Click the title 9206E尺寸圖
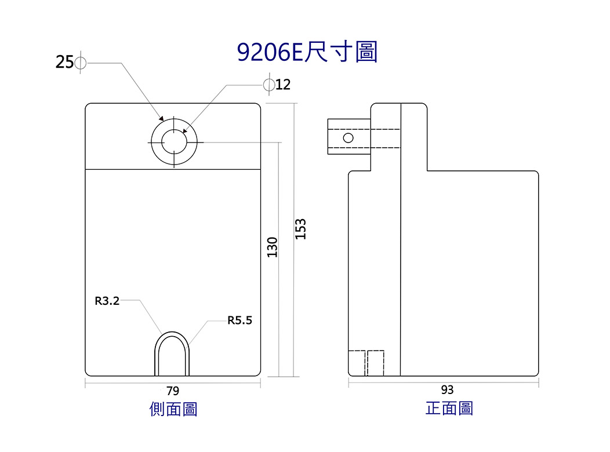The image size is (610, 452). [x=307, y=52]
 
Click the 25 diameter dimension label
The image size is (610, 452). [x=64, y=62]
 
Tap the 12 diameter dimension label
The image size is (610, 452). [x=283, y=85]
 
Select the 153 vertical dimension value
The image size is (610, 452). [x=301, y=229]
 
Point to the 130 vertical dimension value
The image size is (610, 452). [x=273, y=247]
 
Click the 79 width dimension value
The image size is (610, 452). [x=172, y=391]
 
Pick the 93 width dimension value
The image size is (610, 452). [x=447, y=390]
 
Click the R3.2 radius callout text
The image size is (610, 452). [x=107, y=301]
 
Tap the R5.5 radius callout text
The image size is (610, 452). [x=239, y=320]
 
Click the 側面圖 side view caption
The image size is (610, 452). [x=173, y=409]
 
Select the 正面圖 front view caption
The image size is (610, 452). [x=449, y=409]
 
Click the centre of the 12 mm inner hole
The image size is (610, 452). [x=174, y=142]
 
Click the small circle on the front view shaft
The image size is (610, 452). [x=348, y=137]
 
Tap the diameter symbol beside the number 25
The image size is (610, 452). [x=80, y=62]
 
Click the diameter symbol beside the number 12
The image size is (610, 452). [x=269, y=85]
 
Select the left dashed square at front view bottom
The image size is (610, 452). [x=357, y=363]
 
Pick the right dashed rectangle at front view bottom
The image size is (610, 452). [x=375, y=363]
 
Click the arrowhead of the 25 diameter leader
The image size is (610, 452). [x=161, y=118]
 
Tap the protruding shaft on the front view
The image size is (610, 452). [x=349, y=136]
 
